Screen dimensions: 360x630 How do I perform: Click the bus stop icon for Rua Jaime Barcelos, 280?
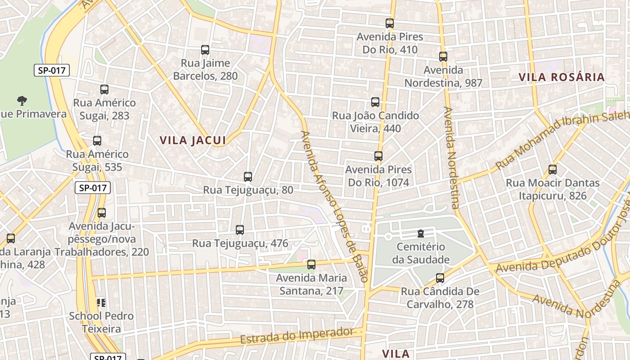205,50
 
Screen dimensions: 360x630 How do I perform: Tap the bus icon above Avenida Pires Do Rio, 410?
390,23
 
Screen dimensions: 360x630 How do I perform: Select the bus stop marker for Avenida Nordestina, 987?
443,57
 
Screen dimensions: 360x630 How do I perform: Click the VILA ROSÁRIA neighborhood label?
562,77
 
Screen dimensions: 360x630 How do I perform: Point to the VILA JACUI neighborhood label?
193,140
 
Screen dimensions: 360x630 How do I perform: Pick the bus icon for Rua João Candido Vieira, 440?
375,102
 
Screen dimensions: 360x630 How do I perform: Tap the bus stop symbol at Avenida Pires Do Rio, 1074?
378,156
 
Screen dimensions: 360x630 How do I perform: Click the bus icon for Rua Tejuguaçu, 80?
248,177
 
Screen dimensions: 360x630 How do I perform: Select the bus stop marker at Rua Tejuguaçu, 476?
240,230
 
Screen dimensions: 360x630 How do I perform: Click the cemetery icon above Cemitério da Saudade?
420,234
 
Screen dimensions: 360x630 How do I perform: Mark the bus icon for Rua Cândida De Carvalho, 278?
440,278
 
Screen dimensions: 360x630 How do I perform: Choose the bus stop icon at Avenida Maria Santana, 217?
311,265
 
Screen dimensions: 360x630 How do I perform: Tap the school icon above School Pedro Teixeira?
101,302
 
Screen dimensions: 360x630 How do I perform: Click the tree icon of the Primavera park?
22,100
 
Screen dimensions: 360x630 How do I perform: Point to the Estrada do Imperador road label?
297,336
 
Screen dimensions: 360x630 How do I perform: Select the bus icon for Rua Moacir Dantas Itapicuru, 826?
553,170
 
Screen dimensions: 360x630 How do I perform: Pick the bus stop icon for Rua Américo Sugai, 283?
104,90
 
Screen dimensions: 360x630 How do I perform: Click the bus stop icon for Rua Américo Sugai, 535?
97,141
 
